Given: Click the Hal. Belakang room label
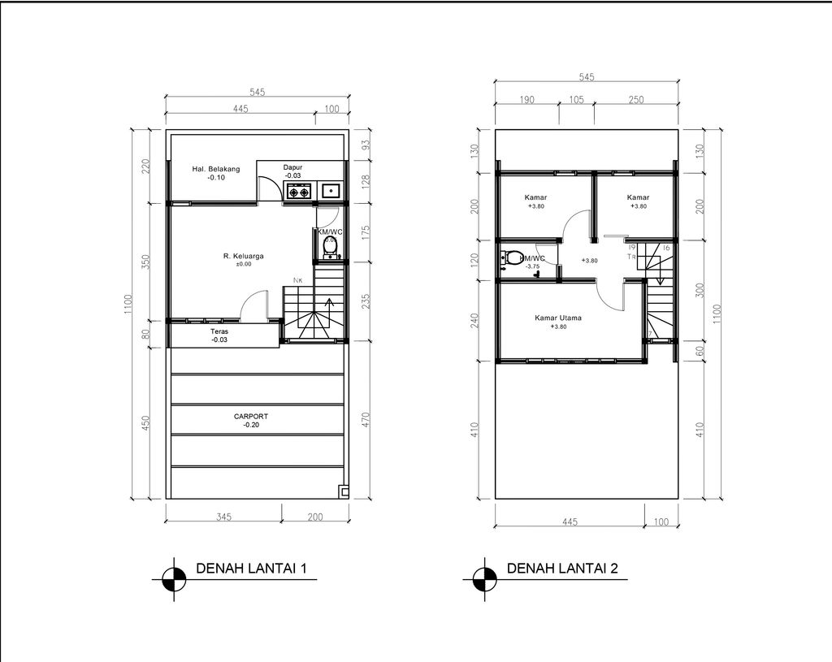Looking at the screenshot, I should [x=215, y=169].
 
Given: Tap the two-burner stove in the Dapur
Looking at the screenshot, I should [x=297, y=193].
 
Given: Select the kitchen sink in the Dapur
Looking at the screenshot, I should [x=331, y=192].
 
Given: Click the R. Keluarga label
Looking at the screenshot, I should [x=244, y=256].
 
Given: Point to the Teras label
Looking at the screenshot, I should [x=219, y=331].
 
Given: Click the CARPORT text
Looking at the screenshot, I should [x=250, y=416].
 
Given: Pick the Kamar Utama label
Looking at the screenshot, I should [x=557, y=318].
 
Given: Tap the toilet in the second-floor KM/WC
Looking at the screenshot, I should [x=511, y=260].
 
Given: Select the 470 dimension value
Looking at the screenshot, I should [x=365, y=421].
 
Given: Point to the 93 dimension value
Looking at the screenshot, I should [x=365, y=145].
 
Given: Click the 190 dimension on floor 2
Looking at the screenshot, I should [x=526, y=100].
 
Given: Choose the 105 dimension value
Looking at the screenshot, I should [x=576, y=100].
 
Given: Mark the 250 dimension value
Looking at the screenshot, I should [x=635, y=100].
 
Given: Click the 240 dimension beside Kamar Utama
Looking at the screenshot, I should [x=475, y=319].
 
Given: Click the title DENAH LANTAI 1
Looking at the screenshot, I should [x=251, y=569].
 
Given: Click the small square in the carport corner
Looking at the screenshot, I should [x=344, y=491].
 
